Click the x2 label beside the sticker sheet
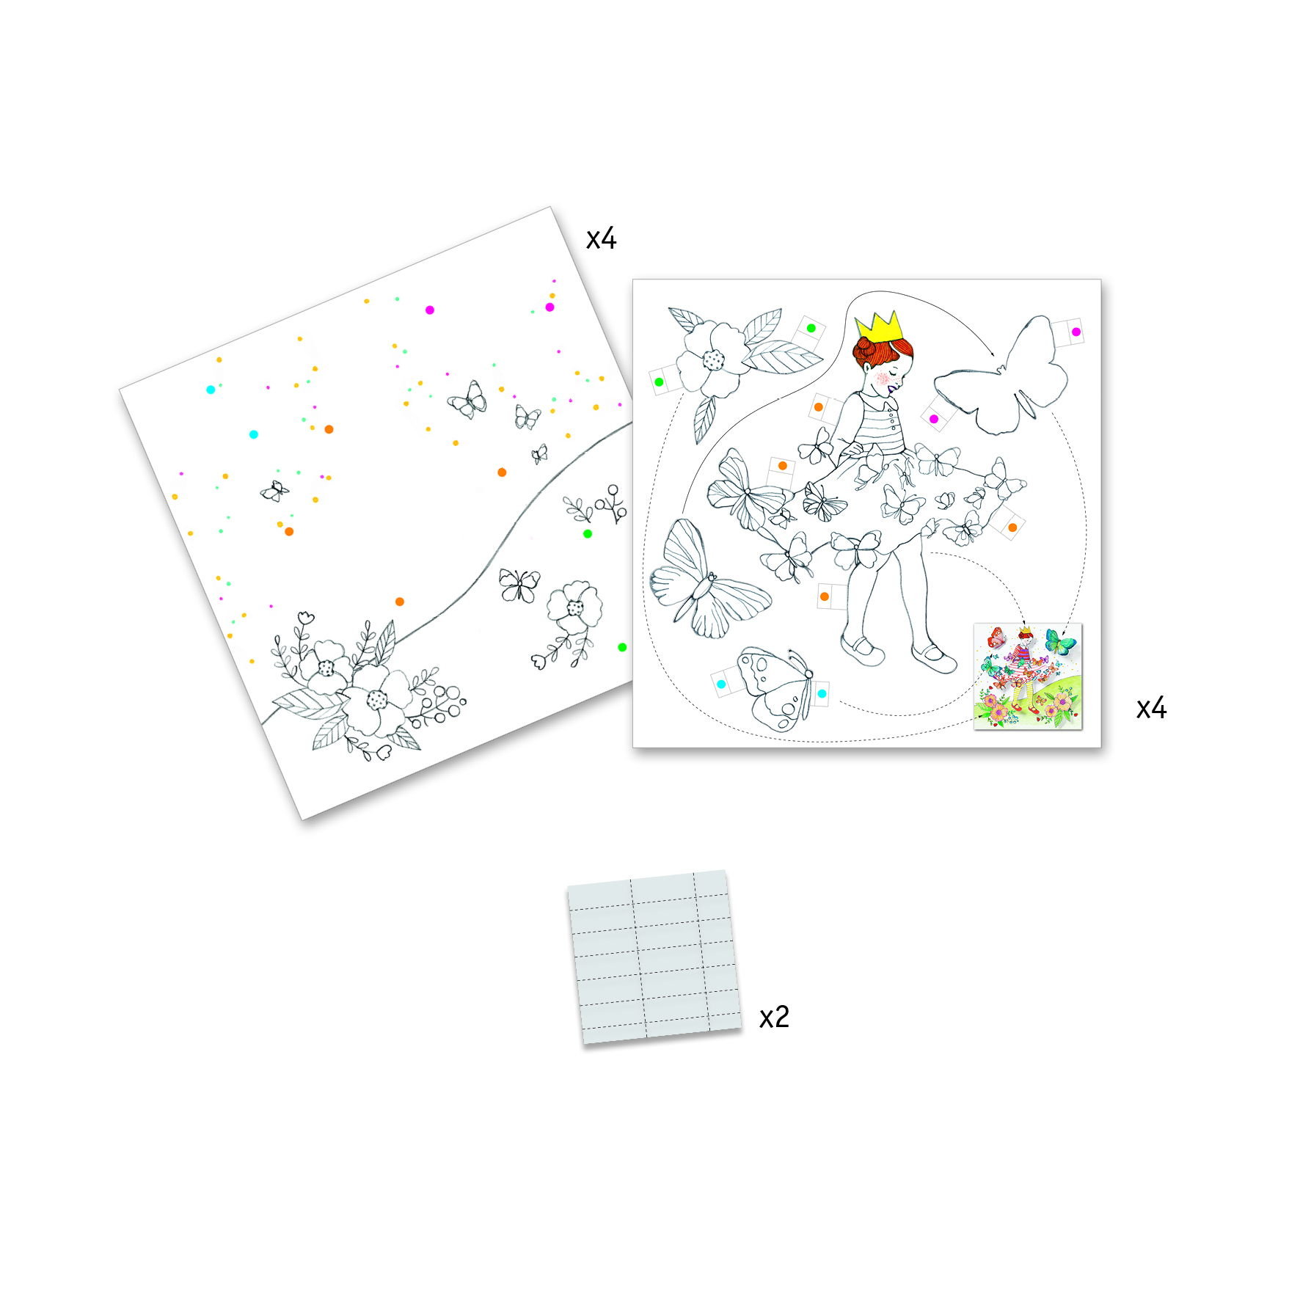pos(774,1018)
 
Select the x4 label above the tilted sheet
pos(601,238)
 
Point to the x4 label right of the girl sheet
pos(1151,708)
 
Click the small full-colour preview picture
pos(1028,676)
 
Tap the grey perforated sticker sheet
pos(654,957)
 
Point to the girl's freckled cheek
pos(883,379)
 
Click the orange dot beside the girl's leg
pos(825,596)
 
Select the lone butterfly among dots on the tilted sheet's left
pos(274,491)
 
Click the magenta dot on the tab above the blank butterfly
pos(1076,332)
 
